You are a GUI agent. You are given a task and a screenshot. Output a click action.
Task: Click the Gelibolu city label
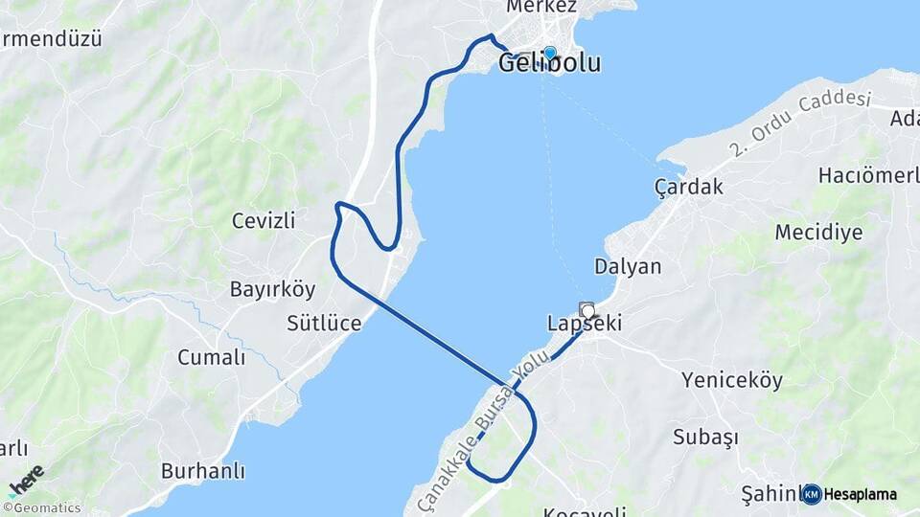(x=550, y=64)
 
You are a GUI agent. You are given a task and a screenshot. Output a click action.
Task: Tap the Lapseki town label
(x=585, y=324)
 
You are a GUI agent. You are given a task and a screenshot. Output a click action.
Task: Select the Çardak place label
(x=689, y=186)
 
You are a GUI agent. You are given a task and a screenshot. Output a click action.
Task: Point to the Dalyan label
(x=628, y=266)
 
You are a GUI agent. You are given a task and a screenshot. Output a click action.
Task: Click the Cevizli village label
(x=264, y=220)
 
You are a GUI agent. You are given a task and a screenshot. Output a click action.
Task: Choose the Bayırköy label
(x=259, y=288)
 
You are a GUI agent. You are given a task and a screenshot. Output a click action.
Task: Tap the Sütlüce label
(x=324, y=323)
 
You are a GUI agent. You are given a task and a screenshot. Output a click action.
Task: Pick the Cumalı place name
(x=211, y=357)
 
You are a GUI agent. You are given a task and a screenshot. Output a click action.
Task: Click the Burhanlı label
(x=203, y=471)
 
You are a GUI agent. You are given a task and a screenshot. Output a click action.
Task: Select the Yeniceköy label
(x=732, y=380)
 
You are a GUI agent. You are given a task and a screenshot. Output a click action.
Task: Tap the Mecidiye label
(x=818, y=232)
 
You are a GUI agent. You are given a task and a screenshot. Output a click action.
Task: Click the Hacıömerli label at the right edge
(x=868, y=175)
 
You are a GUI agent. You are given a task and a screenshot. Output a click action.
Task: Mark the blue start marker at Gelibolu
(x=549, y=53)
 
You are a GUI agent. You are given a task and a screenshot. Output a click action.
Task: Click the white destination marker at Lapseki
(x=586, y=309)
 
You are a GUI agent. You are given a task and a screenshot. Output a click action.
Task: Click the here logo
(x=26, y=480)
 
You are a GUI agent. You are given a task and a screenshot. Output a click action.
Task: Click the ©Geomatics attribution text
(x=42, y=508)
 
